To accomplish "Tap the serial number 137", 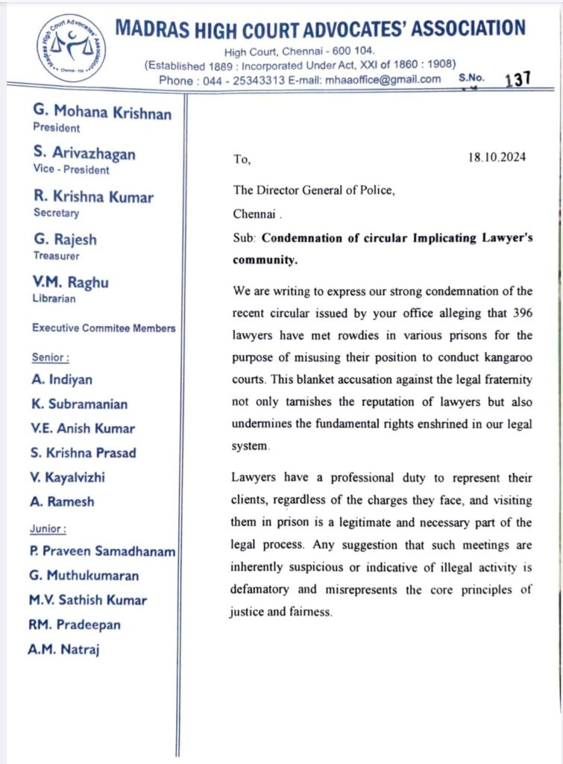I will [x=518, y=80].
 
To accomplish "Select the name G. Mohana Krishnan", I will [x=102, y=113].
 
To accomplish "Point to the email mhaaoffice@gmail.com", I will [x=383, y=80].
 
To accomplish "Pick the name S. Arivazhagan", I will [x=84, y=154].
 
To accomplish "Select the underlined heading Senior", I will [x=51, y=357].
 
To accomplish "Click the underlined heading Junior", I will [x=48, y=528].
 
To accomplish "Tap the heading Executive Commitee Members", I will [x=104, y=328].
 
